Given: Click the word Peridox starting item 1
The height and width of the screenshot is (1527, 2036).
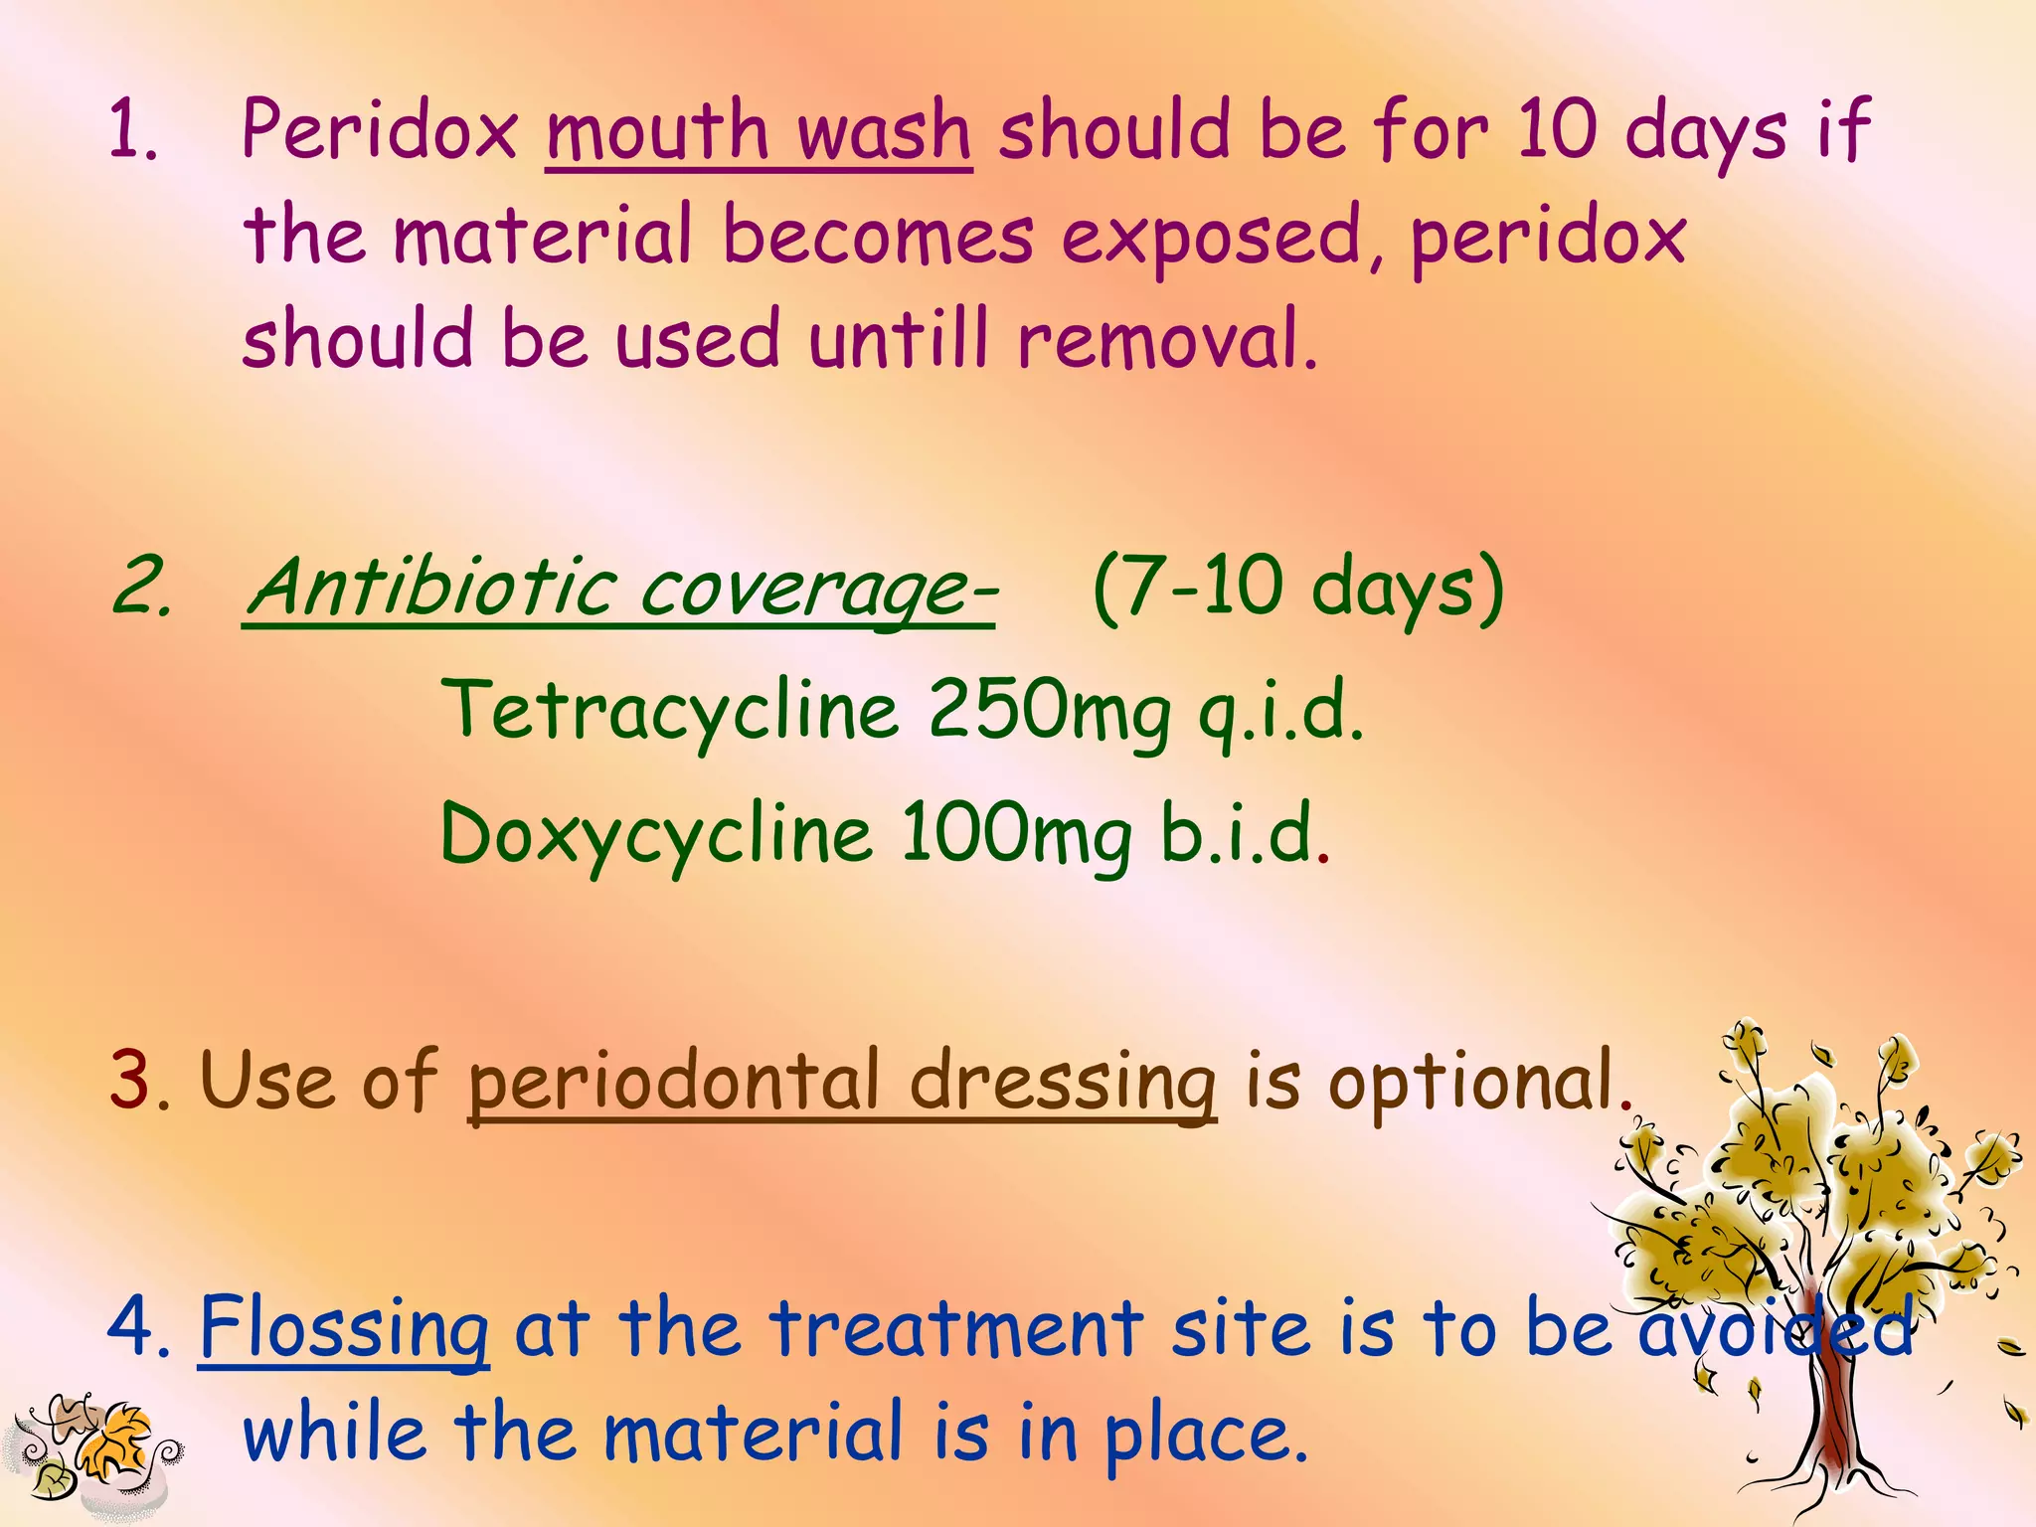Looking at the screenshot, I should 380,130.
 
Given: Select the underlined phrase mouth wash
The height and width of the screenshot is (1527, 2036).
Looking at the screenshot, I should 759,132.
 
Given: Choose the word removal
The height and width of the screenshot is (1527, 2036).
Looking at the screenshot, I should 1167,340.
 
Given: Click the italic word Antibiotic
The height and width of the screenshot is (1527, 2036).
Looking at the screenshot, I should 429,589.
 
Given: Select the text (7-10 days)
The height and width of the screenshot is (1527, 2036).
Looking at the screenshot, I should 1298,589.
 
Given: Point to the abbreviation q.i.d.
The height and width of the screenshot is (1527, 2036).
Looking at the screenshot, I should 1280,712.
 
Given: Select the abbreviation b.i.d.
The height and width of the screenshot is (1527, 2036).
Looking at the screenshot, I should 1239,833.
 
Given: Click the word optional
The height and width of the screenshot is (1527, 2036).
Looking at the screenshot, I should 1471,1081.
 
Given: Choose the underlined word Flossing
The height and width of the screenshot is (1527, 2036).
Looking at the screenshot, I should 344,1328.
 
